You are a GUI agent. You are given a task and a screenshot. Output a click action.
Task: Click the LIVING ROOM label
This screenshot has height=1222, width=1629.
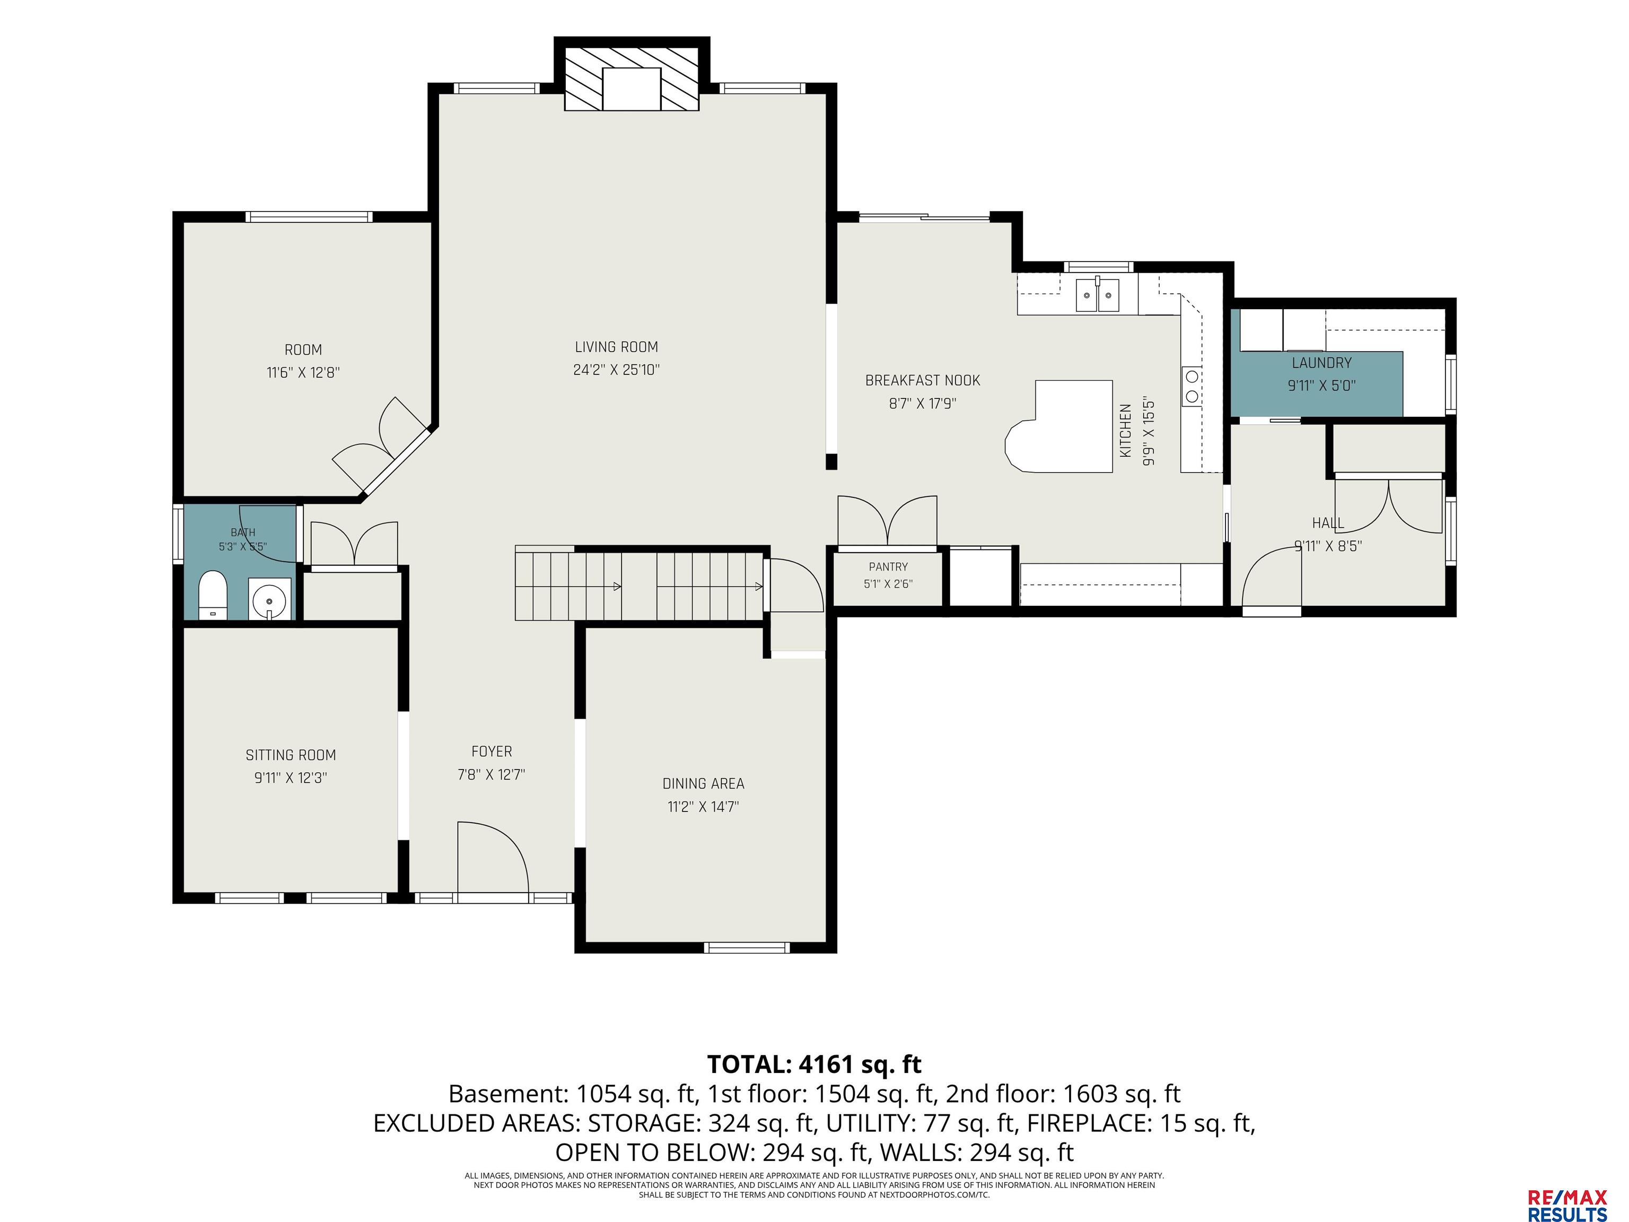pyautogui.click(x=616, y=347)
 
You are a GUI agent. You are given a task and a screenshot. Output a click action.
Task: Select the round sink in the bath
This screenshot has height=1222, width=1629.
pyautogui.click(x=269, y=599)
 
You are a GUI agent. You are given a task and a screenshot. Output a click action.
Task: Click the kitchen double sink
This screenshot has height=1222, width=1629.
pyautogui.click(x=1097, y=295)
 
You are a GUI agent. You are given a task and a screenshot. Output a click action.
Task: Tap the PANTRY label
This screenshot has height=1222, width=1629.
pyautogui.click(x=888, y=566)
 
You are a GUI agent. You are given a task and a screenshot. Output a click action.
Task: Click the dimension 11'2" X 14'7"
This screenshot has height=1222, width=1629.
pyautogui.click(x=703, y=807)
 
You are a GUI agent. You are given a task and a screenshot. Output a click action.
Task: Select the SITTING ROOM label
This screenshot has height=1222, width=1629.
pyautogui.click(x=291, y=755)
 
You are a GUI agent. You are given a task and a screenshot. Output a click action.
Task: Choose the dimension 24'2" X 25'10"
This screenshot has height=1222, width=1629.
pyautogui.click(x=616, y=370)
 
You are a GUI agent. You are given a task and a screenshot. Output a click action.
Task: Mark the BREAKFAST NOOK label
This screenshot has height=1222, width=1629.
pyautogui.click(x=923, y=381)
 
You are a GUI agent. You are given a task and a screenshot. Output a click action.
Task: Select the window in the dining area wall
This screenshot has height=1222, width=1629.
pyautogui.click(x=747, y=947)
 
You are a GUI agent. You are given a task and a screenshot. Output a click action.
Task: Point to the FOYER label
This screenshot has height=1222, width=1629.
pyautogui.click(x=491, y=752)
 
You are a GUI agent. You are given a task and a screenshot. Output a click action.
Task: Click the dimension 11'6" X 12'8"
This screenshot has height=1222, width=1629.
pyautogui.click(x=303, y=373)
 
